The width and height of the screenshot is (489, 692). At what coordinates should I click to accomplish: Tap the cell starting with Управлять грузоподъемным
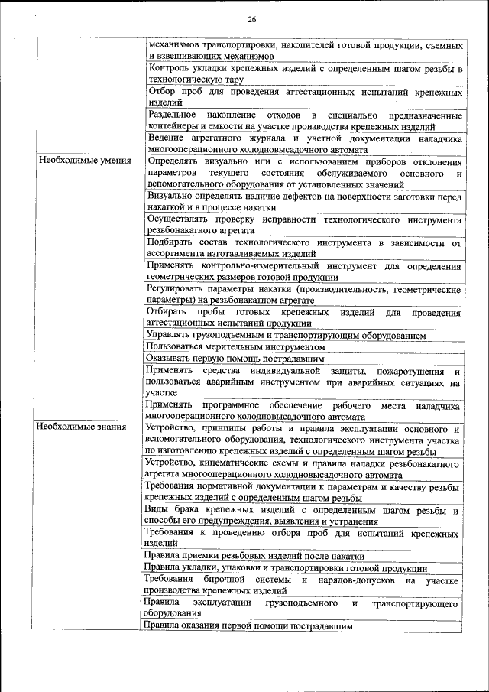tap(286, 335)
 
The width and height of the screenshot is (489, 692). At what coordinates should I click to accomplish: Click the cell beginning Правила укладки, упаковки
tap(286, 568)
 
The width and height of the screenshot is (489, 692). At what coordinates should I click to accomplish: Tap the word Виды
tap(157, 510)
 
